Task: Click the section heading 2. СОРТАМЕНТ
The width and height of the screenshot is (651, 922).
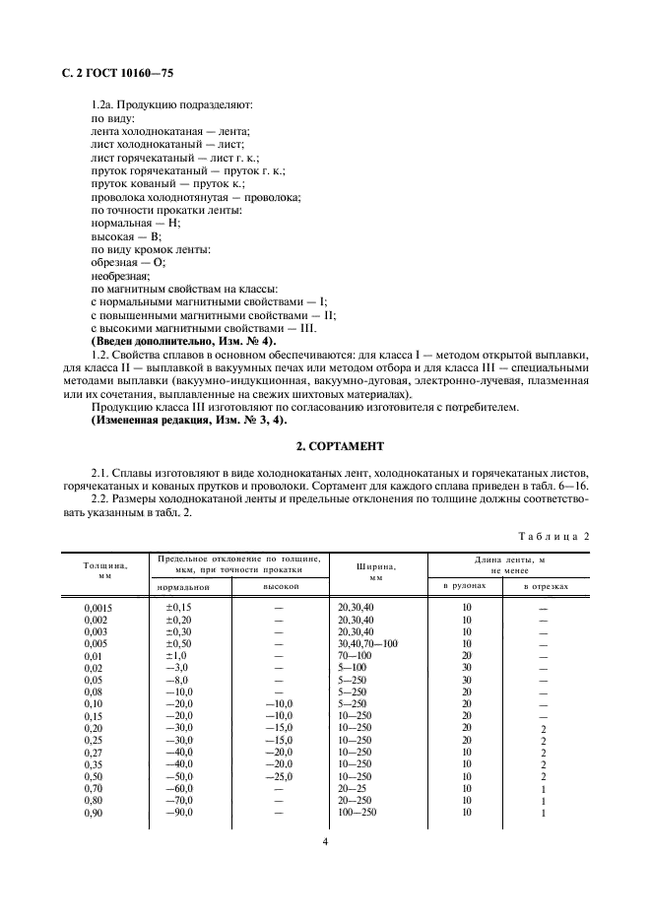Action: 325,446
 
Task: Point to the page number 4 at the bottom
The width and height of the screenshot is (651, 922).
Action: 325,841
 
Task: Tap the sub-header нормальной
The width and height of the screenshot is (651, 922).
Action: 184,587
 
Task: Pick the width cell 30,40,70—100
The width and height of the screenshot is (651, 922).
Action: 367,643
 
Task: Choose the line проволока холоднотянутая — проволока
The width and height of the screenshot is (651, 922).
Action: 195,197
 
